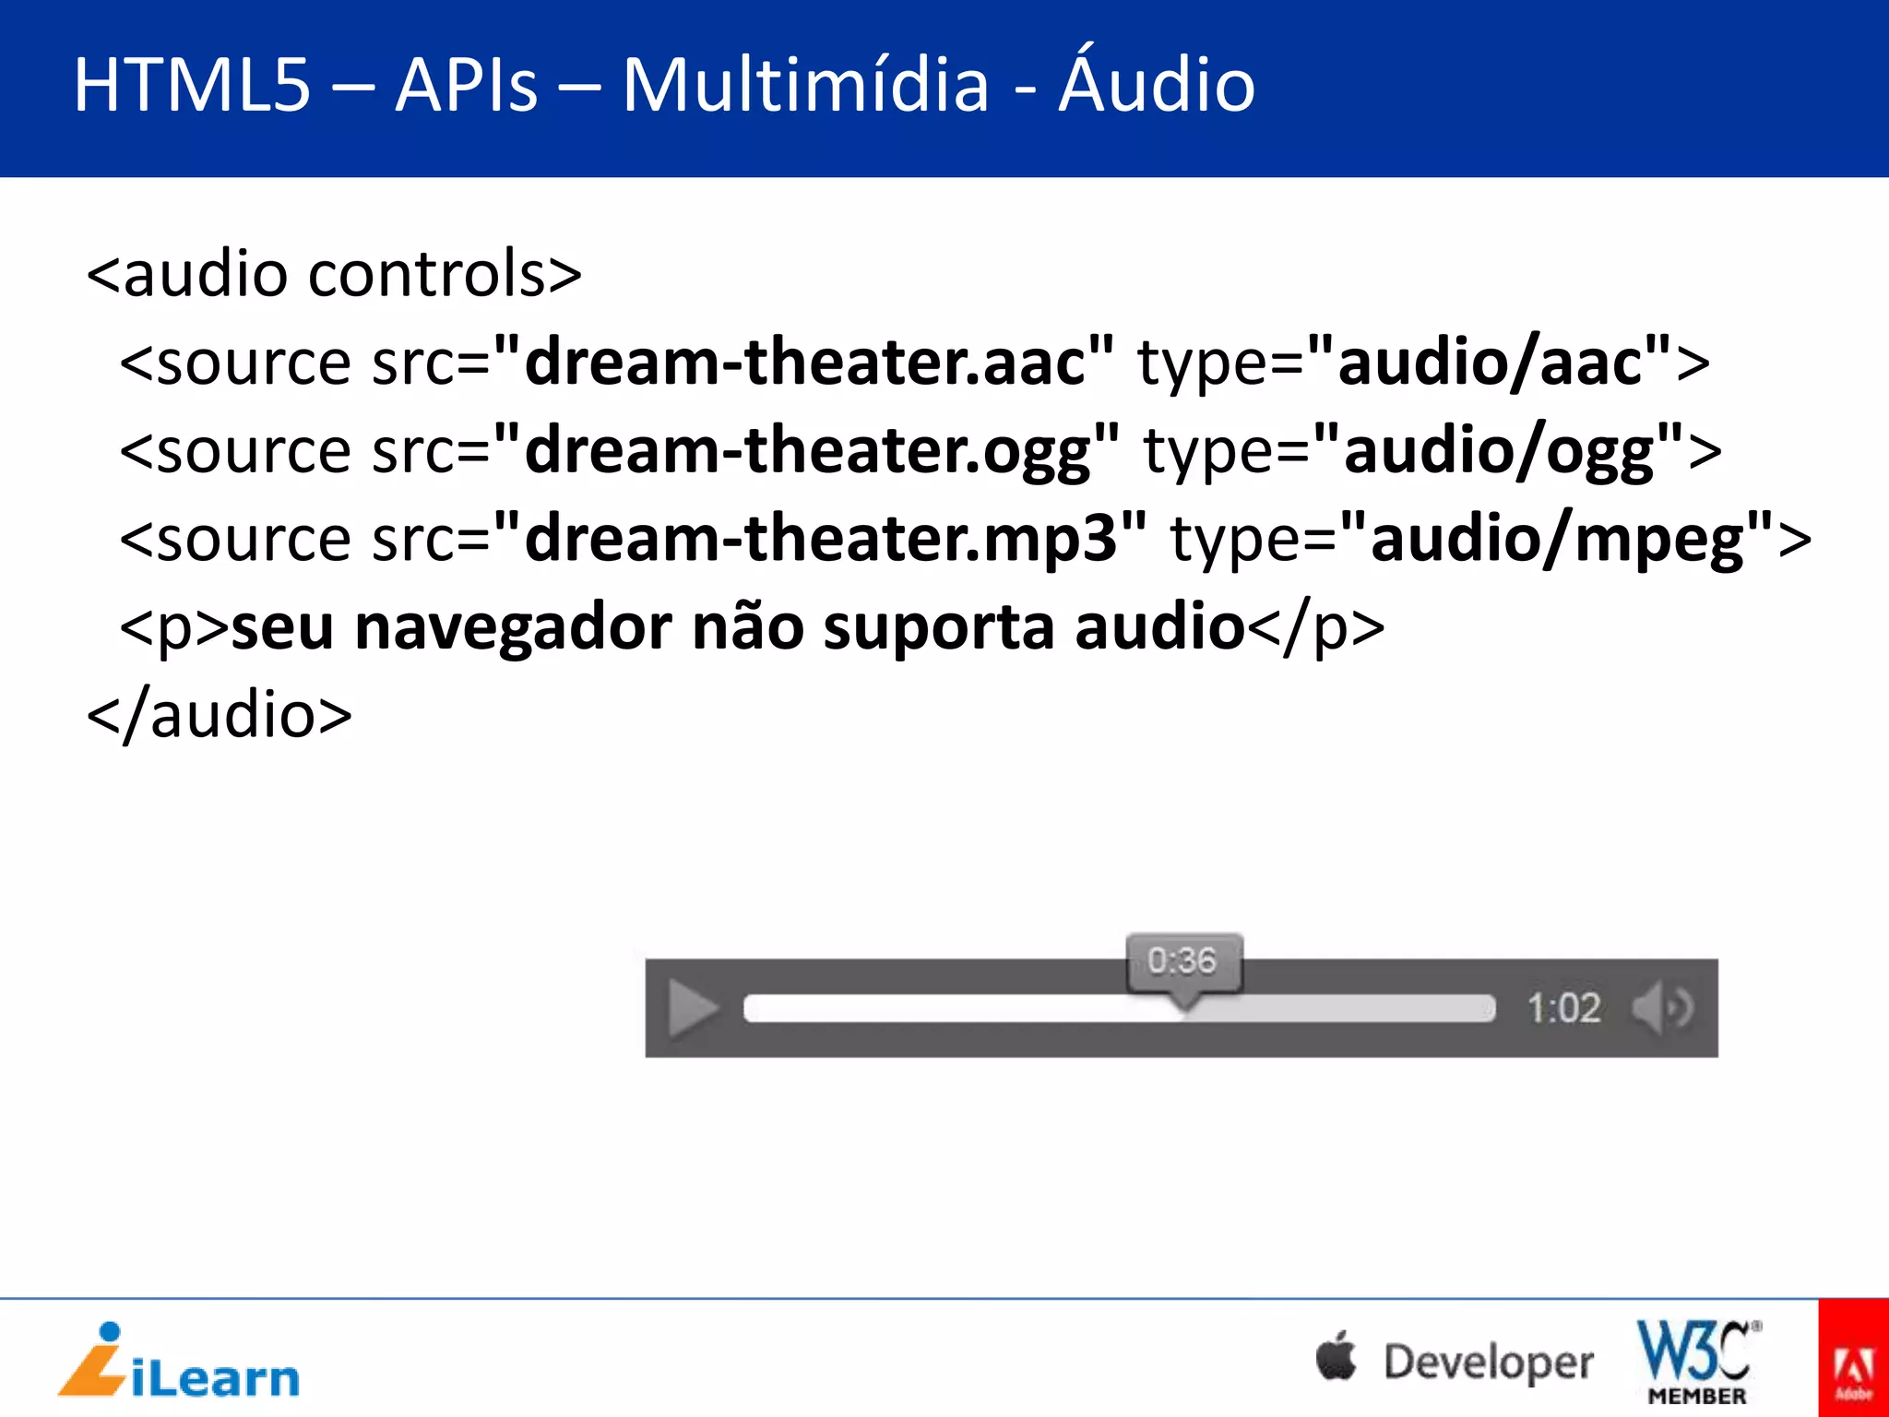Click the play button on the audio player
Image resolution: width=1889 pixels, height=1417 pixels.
[693, 1008]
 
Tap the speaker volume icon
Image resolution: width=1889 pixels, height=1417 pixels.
[1662, 1007]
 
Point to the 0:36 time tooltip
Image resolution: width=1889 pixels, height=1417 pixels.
[1183, 962]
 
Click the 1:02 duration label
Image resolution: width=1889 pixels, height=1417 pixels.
[1563, 1008]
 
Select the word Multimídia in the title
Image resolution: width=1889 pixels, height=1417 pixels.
[805, 85]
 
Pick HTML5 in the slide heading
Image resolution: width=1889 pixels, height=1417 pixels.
[192, 85]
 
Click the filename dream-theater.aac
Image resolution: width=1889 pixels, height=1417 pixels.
[804, 361]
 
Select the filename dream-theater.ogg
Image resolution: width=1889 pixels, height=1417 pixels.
[807, 450]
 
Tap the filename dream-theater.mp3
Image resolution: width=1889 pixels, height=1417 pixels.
[820, 539]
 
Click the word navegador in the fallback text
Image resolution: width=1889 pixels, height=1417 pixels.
[514, 627]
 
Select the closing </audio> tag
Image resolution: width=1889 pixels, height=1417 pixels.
[220, 716]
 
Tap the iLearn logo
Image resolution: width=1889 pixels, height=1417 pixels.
[179, 1362]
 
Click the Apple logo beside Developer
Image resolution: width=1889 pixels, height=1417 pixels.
[1337, 1357]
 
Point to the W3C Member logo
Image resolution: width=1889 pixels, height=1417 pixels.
[1697, 1362]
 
